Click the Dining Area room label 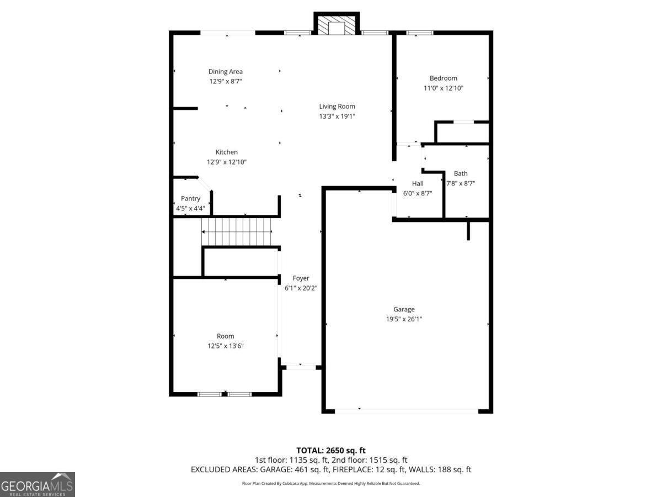point(225,72)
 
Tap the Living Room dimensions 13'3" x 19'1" point(337,116)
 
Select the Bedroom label point(444,78)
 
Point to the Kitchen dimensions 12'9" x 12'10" point(227,162)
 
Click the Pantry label point(191,199)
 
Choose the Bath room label point(461,173)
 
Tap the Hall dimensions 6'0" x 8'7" point(418,193)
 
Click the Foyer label point(301,278)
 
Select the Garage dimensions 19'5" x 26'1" point(404,319)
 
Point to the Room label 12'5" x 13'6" point(225,341)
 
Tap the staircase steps point(237,232)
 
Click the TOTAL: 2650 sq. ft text point(331,451)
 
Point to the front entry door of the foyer point(301,367)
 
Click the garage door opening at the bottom point(407,411)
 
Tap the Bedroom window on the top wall point(419,33)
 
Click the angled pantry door point(205,184)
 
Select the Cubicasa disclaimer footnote point(331,483)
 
